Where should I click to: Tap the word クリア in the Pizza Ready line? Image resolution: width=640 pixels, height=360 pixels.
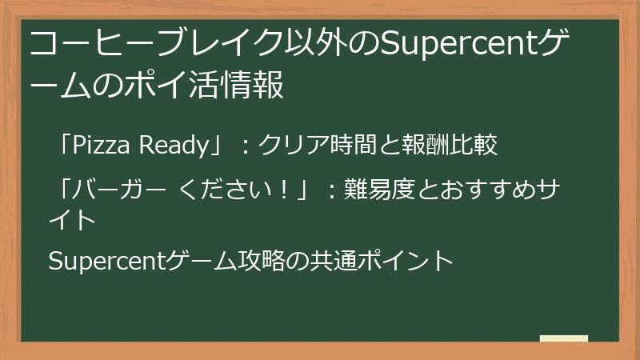(290, 146)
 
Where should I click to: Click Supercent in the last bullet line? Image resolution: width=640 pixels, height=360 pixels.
(107, 261)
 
